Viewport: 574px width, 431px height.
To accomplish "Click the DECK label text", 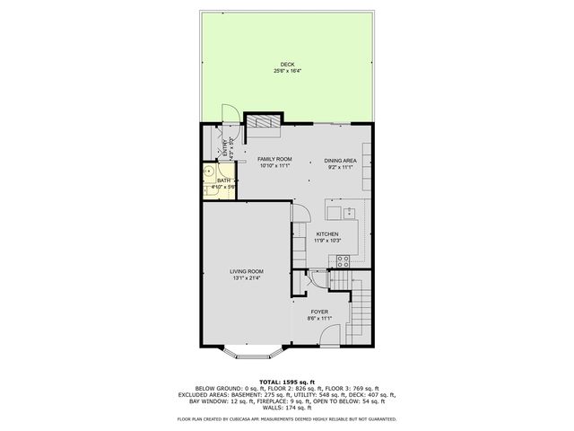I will click(x=286, y=64).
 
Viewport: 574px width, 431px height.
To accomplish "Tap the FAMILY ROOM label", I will click(x=275, y=159).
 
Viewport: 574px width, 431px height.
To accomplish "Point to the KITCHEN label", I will click(x=326, y=234).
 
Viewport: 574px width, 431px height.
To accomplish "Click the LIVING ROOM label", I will click(x=246, y=271).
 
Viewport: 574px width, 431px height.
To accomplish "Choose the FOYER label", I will click(x=319, y=312).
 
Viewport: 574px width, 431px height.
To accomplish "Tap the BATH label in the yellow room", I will click(x=223, y=180).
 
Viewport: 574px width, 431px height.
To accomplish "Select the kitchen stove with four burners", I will click(x=341, y=261).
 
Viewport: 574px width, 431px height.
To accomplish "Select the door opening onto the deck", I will click(x=230, y=113).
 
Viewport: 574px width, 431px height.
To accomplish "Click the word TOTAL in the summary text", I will click(x=270, y=382).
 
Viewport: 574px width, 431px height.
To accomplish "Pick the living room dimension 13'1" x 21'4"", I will click(x=246, y=277).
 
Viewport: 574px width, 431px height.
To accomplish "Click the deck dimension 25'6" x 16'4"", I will click(x=286, y=70).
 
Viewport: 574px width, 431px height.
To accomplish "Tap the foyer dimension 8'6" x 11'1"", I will click(x=319, y=318).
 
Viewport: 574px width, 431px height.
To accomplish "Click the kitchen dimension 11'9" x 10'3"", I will click(x=326, y=241).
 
